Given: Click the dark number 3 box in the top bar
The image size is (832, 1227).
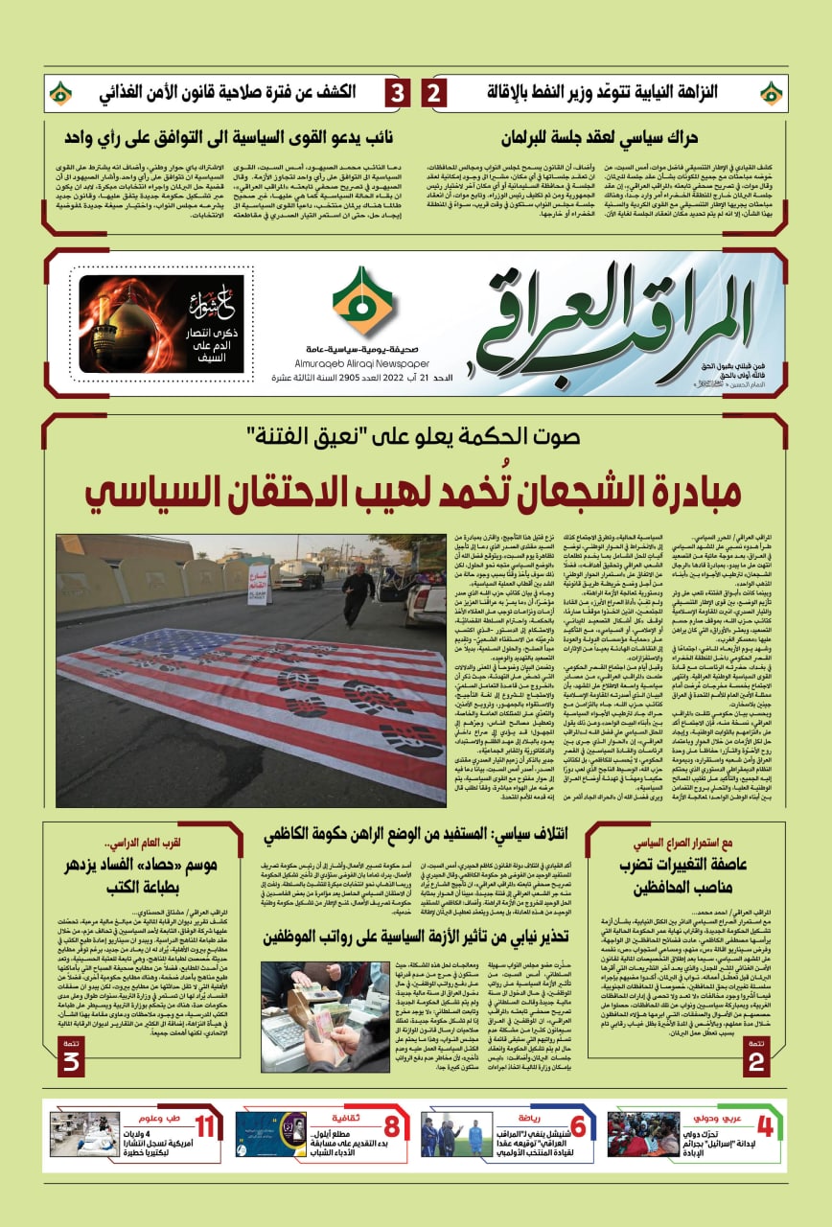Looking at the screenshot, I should coord(397,94).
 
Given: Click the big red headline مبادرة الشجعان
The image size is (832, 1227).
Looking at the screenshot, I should coord(413,490).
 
